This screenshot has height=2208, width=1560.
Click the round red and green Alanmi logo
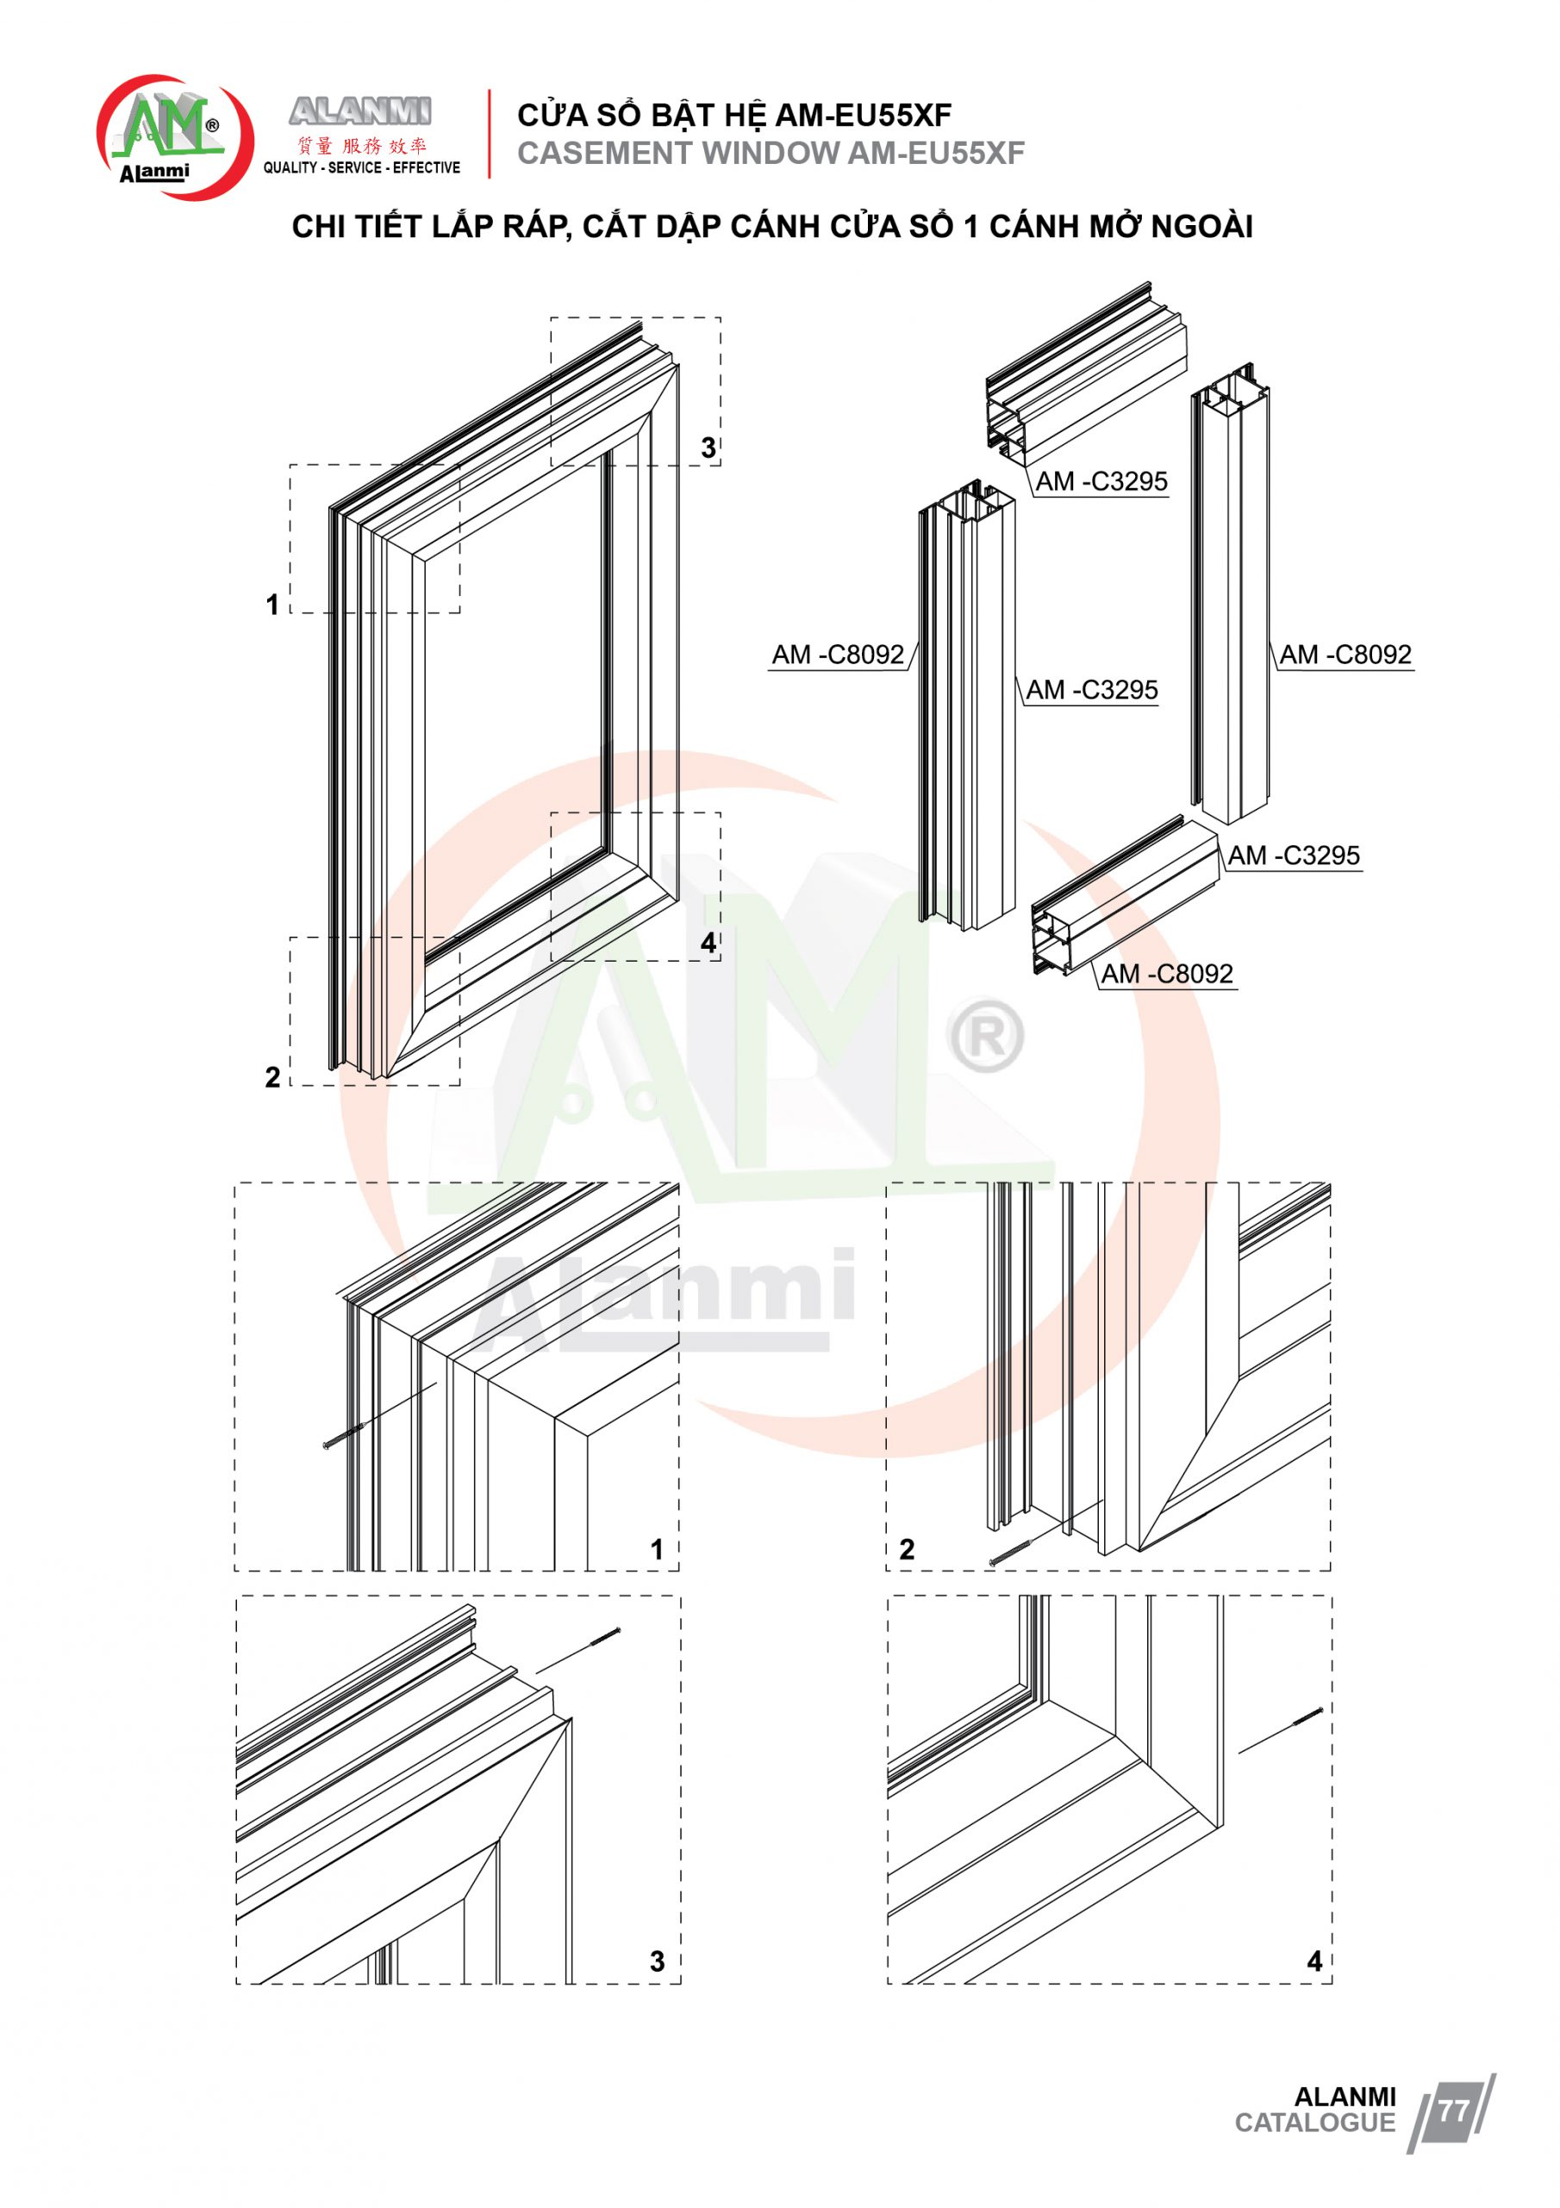click(174, 137)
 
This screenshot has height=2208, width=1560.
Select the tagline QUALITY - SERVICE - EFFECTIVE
click(361, 167)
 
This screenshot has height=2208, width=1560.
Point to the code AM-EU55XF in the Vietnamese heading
click(862, 116)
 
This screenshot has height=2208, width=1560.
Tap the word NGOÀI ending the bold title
click(1201, 226)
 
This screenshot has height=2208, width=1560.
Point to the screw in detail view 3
click(601, 1638)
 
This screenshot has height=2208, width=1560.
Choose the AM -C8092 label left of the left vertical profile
click(838, 655)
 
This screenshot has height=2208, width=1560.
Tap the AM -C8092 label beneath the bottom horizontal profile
click(1167, 974)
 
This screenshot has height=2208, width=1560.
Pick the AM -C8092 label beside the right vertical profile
click(1345, 655)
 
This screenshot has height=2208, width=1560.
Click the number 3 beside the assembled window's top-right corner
click(708, 448)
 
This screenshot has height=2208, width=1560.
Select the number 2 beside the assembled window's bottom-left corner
click(273, 1077)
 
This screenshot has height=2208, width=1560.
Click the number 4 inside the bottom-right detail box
click(1315, 1960)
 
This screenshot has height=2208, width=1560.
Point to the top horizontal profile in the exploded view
click(1086, 370)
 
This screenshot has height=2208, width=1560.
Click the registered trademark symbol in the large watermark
click(985, 1036)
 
